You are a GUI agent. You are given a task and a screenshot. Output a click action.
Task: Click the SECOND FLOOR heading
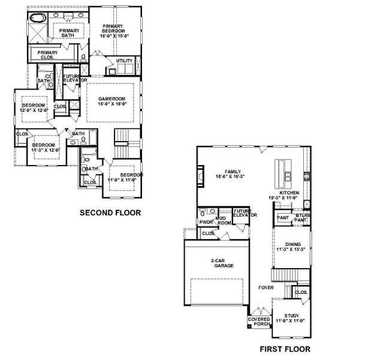click(x=111, y=212)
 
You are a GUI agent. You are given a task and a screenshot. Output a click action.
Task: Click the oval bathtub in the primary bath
click(x=38, y=17)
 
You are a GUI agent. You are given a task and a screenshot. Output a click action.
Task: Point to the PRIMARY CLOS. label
click(x=47, y=55)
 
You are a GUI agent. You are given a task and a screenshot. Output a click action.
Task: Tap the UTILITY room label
click(x=124, y=61)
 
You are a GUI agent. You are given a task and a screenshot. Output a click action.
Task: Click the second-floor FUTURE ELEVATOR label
click(x=76, y=79)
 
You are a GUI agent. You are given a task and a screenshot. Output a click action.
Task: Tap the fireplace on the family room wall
click(x=200, y=176)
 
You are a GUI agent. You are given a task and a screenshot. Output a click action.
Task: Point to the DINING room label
click(x=292, y=244)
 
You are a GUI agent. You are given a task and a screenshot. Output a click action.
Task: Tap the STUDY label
click(x=291, y=316)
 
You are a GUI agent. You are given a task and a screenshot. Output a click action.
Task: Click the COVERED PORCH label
click(x=259, y=322)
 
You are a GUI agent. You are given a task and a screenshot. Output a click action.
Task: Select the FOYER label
click(x=266, y=287)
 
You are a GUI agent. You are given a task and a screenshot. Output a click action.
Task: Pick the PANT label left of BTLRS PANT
click(x=283, y=218)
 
